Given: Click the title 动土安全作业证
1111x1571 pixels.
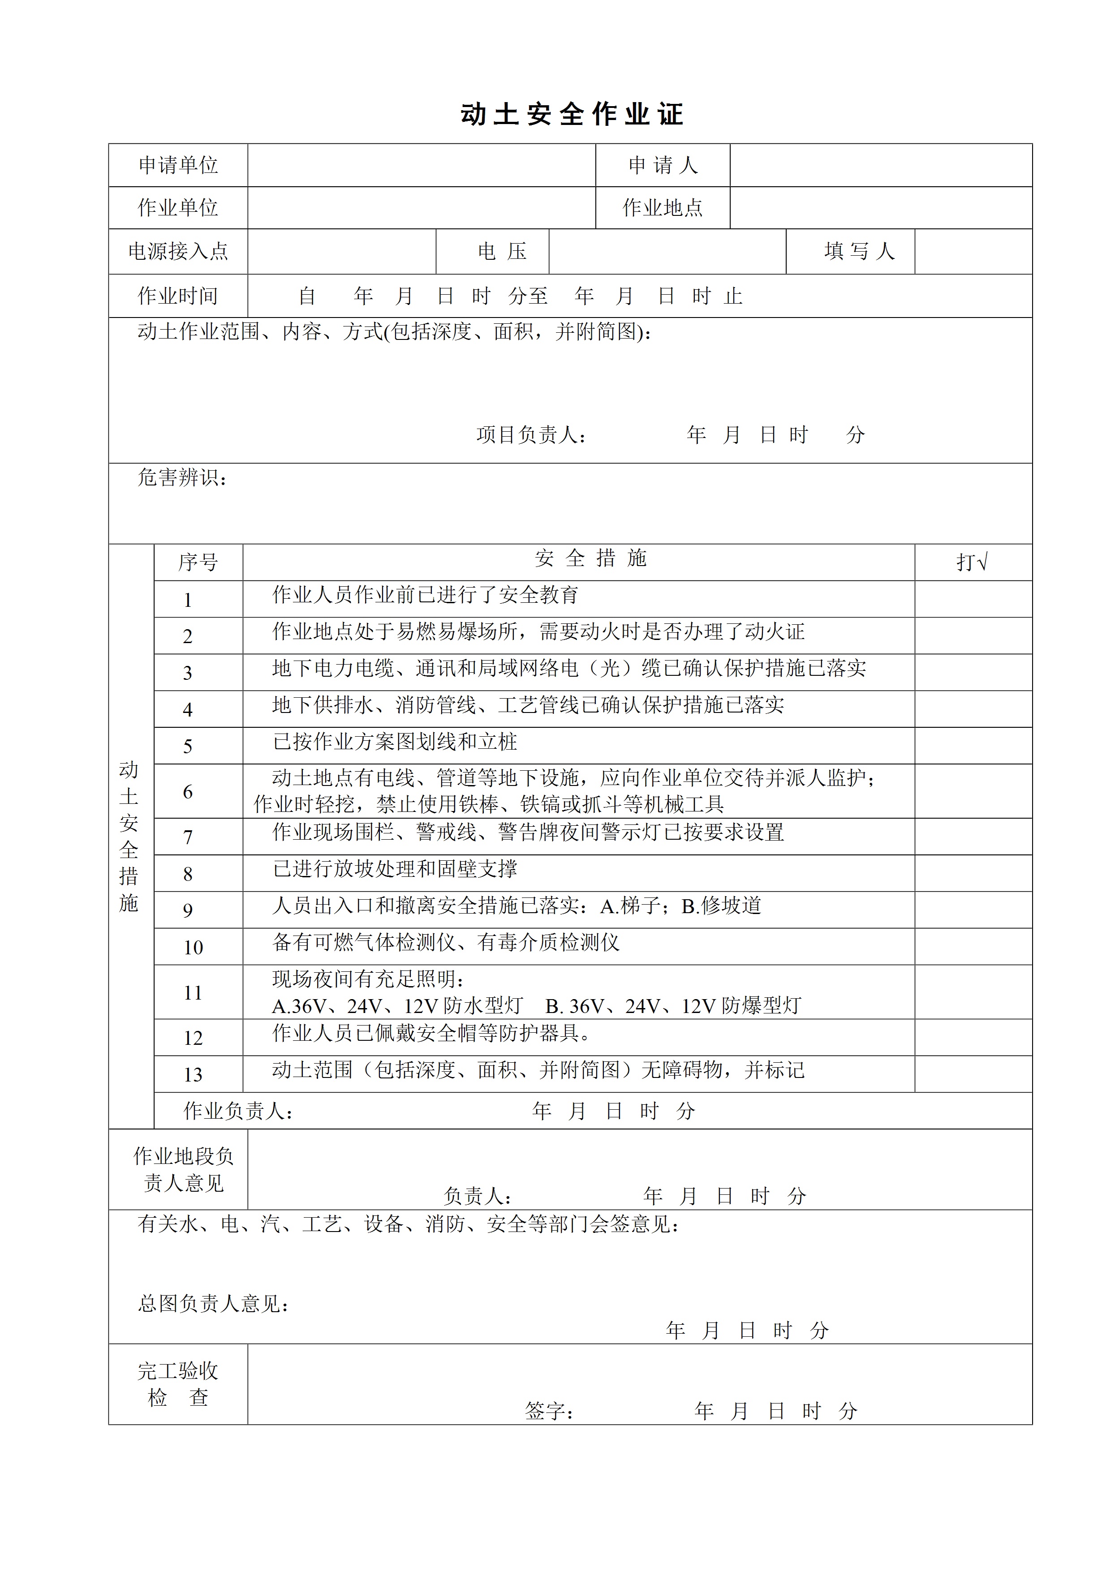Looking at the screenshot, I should tap(572, 114).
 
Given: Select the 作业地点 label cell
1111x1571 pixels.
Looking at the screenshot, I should tap(662, 208).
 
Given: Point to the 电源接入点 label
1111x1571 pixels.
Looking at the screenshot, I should tap(178, 251).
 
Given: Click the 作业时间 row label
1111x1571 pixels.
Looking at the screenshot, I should tap(178, 296).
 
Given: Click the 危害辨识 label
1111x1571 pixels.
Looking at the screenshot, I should tap(181, 477).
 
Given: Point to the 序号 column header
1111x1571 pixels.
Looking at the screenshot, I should tap(198, 562).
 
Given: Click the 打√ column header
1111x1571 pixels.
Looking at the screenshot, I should tap(972, 562).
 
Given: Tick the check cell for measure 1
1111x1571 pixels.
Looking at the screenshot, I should tap(973, 599).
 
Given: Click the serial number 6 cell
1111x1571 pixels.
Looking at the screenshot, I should tap(188, 792).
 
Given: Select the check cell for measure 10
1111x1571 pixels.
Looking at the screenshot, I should tap(973, 947).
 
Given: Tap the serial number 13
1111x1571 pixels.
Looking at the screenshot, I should tap(193, 1075).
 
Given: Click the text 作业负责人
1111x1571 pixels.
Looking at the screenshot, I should tap(237, 1111).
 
